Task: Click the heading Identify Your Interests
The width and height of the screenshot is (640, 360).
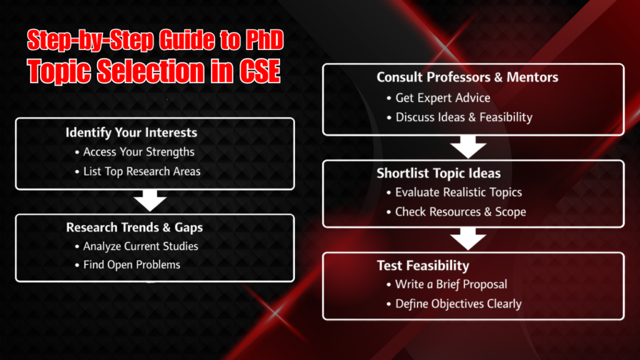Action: coord(131,132)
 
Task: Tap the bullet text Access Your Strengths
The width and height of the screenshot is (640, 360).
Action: coord(139,152)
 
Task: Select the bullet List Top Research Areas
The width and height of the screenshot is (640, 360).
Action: coord(142,171)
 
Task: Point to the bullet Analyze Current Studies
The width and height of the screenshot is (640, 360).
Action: coord(141,246)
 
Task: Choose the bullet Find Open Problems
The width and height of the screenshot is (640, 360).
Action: coord(131,265)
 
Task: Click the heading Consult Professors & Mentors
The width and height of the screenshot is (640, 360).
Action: coord(467,77)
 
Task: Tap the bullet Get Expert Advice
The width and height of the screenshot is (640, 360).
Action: coord(442,97)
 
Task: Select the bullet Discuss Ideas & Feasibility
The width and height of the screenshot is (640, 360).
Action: coord(464,117)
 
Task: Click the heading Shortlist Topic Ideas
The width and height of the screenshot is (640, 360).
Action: coord(439,173)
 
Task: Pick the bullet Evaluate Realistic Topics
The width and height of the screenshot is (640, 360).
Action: coord(458,192)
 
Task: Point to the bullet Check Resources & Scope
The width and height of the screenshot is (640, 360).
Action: coord(461,212)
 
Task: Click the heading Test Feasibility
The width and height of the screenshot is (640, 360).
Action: coord(422,266)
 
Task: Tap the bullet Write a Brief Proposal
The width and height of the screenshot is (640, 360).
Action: coord(451,284)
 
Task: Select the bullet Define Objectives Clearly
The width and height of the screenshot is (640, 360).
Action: coord(458,304)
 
